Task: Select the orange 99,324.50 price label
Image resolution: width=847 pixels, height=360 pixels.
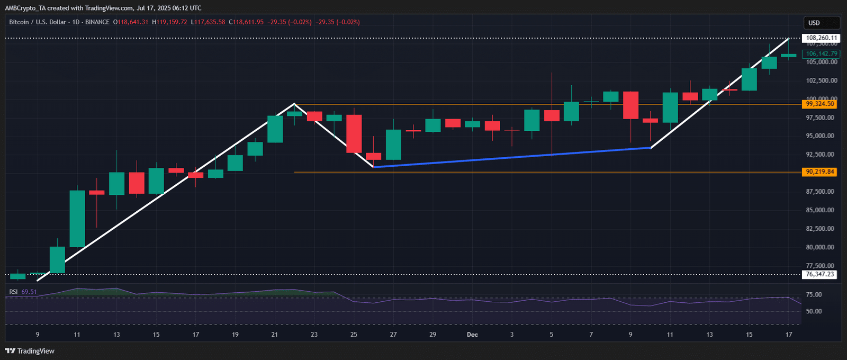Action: click(819, 104)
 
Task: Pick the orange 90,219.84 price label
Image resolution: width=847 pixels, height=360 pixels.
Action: click(819, 172)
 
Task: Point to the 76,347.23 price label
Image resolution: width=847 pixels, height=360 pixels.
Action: click(819, 274)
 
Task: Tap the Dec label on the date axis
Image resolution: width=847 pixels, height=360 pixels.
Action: click(472, 335)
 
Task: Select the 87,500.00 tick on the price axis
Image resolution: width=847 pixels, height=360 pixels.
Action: click(821, 192)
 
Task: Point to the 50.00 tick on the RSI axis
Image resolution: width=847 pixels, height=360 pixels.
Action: click(814, 311)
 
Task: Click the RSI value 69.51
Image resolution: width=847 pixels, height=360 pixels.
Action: click(29, 292)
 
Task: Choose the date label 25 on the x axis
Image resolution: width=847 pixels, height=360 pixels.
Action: click(354, 335)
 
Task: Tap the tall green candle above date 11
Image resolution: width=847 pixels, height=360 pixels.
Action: click(77, 219)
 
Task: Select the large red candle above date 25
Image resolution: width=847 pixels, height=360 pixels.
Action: click(354, 133)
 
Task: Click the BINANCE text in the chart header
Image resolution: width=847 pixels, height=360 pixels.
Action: click(97, 22)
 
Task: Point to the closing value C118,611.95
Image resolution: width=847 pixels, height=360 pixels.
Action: click(246, 22)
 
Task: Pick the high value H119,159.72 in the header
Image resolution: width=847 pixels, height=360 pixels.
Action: click(169, 22)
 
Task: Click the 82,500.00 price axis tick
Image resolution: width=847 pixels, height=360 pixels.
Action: click(821, 229)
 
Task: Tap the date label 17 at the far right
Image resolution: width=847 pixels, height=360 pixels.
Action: click(789, 335)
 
